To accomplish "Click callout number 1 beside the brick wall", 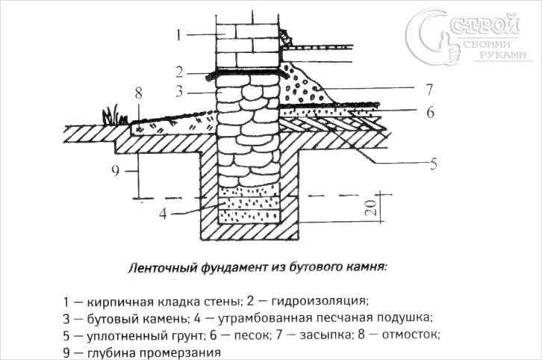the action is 178,35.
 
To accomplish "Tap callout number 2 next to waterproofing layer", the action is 179,72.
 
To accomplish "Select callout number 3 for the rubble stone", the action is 179,92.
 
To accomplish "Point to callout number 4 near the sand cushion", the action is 163,214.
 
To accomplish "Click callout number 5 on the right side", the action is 433,164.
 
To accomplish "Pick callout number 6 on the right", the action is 430,112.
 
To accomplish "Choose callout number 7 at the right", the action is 429,89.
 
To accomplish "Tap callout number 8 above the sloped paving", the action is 139,93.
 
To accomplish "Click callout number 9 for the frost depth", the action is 116,171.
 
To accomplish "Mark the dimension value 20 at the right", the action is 371,208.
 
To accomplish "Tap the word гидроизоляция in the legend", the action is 318,301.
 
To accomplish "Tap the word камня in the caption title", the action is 367,267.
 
